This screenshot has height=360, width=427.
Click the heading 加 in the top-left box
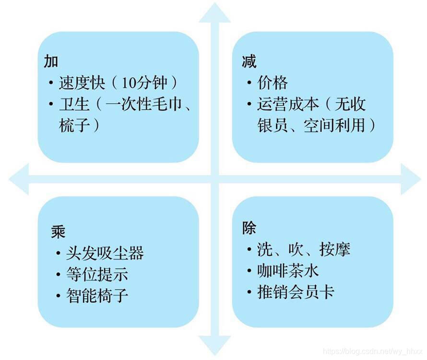pyautogui.click(x=51, y=61)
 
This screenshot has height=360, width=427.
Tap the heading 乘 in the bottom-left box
pyautogui.click(x=59, y=232)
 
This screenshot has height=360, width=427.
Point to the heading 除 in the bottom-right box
pyautogui.click(x=249, y=228)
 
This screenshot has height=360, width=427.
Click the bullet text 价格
pyautogui.click(x=273, y=83)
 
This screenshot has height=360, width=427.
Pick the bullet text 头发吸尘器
pyautogui.click(x=105, y=253)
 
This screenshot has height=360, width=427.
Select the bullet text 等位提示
pyautogui.click(x=97, y=274)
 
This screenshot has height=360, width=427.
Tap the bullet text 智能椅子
pyautogui.click(x=97, y=295)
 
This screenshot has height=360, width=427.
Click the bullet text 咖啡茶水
pyautogui.click(x=288, y=271)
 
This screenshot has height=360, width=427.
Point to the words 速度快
pyautogui.click(x=82, y=83)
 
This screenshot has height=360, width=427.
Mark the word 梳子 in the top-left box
pyautogui.click(x=74, y=125)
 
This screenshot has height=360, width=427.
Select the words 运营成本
pyautogui.click(x=288, y=104)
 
